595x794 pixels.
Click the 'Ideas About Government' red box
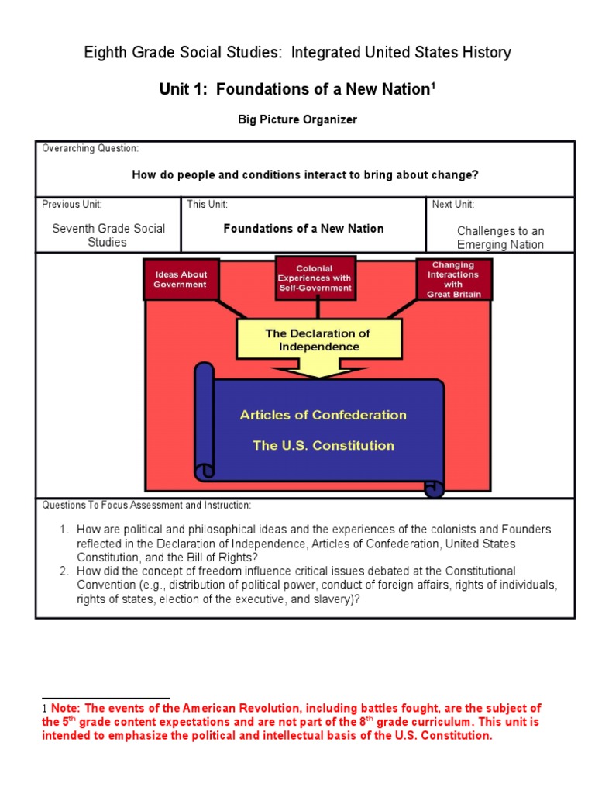click(180, 279)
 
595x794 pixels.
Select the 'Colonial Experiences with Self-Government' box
click(315, 278)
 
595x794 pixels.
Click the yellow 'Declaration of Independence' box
click(318, 340)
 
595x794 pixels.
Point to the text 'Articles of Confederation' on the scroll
click(323, 415)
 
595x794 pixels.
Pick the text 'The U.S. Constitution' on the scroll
click(323, 445)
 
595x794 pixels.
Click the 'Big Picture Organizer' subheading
click(297, 119)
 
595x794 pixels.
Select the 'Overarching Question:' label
click(90, 148)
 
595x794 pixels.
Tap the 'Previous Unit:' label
click(72, 205)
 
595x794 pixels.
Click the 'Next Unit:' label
click(453, 205)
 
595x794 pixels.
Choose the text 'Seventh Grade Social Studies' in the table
click(108, 235)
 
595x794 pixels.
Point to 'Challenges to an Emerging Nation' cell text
click(500, 237)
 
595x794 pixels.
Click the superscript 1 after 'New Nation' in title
click(434, 86)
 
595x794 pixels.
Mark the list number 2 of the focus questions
click(65, 571)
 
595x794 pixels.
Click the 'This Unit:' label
click(208, 205)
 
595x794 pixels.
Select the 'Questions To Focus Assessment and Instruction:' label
click(146, 506)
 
